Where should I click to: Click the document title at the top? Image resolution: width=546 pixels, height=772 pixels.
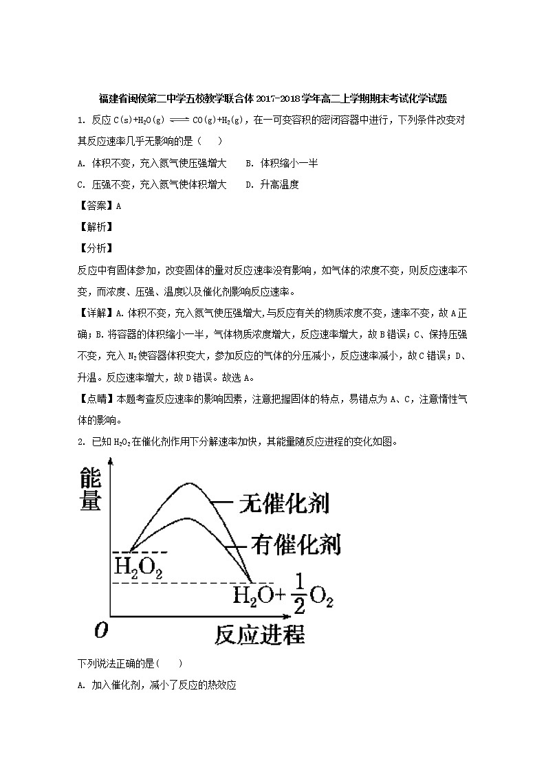[x=273, y=98]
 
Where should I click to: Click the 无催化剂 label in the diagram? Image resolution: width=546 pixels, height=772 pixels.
[x=283, y=503]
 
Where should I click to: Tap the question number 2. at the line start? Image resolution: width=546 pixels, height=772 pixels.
[x=81, y=441]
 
